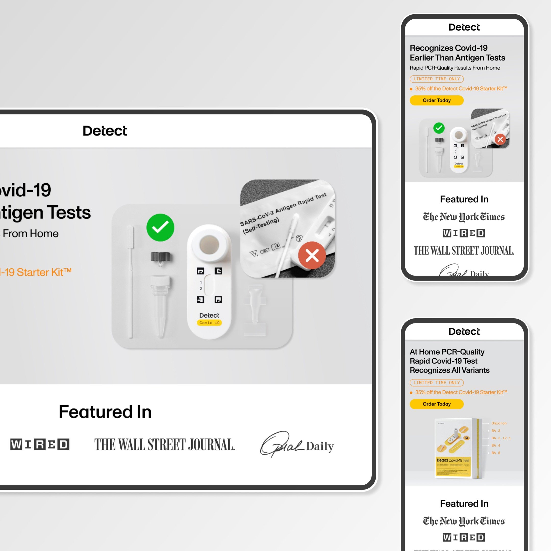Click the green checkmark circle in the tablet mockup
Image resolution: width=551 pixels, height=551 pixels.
click(x=160, y=228)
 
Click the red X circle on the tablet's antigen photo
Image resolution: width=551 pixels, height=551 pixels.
click(x=312, y=255)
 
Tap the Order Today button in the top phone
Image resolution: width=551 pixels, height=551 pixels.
click(x=436, y=101)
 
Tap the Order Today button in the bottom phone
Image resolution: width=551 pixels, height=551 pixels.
click(x=436, y=404)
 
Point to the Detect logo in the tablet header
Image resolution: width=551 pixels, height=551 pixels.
click(x=105, y=131)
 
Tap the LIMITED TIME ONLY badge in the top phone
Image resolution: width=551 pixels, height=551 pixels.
click(x=436, y=79)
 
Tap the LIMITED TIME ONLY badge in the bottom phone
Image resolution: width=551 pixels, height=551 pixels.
click(x=436, y=383)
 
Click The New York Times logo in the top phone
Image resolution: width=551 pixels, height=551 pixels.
click(x=464, y=217)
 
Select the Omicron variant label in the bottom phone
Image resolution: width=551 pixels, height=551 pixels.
click(x=499, y=423)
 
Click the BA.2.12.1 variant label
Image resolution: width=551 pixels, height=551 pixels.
click(x=501, y=438)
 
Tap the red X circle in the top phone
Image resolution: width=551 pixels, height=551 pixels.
click(x=500, y=140)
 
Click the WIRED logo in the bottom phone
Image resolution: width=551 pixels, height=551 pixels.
click(x=464, y=537)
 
